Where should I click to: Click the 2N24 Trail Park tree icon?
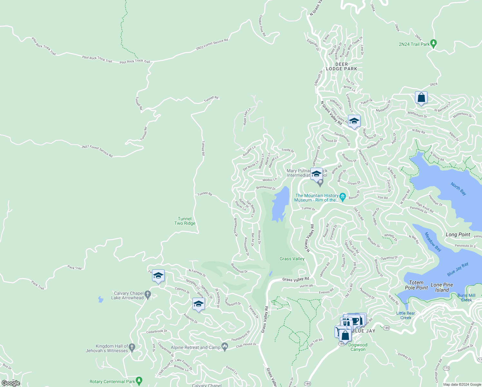pyautogui.click(x=433, y=44)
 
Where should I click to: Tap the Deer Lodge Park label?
pyautogui.click(x=342, y=66)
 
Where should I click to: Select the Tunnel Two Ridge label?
pyautogui.click(x=185, y=221)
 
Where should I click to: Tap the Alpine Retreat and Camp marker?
pyautogui.click(x=225, y=347)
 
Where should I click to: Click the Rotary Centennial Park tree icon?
pyautogui.click(x=139, y=381)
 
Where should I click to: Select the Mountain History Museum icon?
pyautogui.click(x=342, y=196)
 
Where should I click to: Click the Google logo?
pyautogui.click(x=11, y=383)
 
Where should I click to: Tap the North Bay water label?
pyautogui.click(x=458, y=189)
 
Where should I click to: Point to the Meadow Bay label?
pyautogui.click(x=433, y=242)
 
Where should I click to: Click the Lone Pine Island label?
pyautogui.click(x=442, y=287)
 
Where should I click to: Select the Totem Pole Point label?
pyautogui.click(x=416, y=285)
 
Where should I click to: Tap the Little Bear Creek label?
pyautogui.click(x=406, y=315)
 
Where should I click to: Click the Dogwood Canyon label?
pyautogui.click(x=358, y=347)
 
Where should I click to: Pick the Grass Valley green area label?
pyautogui.click(x=292, y=259)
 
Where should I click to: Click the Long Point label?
pyautogui.click(x=458, y=234)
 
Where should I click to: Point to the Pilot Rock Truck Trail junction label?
pyautogui.click(x=135, y=61)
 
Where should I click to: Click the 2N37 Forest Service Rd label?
pyautogui.click(x=97, y=151)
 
